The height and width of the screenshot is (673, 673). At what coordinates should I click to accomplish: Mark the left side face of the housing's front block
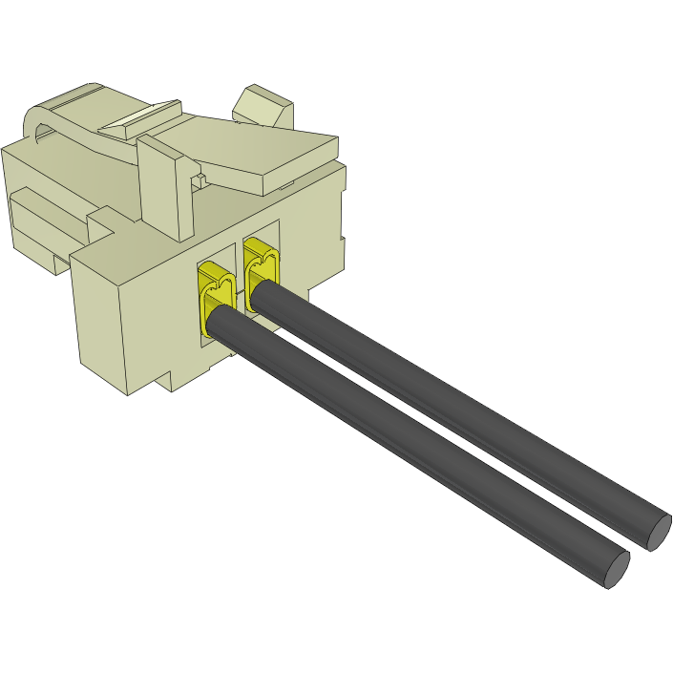[x=100, y=320]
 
